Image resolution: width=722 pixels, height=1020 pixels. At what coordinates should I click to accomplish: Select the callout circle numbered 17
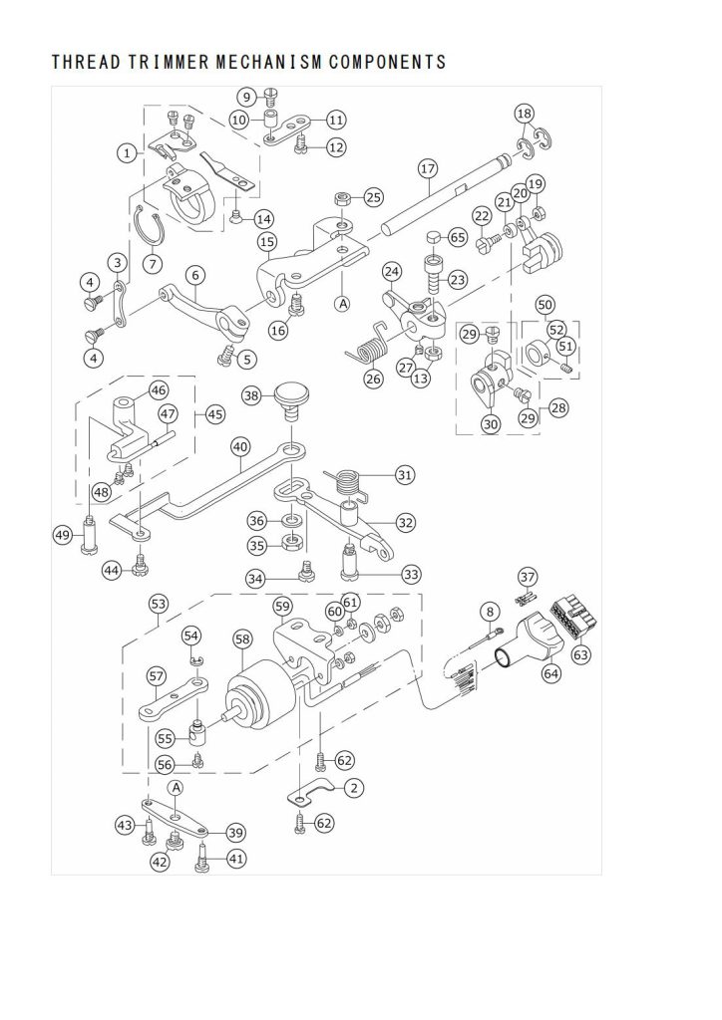(428, 169)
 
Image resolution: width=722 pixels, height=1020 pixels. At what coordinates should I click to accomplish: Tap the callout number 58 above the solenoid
(242, 640)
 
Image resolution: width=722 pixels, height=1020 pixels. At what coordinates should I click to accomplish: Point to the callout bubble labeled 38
(252, 394)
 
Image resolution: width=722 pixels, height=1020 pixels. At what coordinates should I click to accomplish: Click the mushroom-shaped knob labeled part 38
(290, 400)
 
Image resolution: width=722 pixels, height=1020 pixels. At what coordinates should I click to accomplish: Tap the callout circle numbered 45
(214, 414)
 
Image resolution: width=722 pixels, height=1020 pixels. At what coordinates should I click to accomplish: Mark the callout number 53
(159, 604)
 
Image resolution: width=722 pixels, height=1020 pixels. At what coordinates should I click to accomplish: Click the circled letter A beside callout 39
(177, 788)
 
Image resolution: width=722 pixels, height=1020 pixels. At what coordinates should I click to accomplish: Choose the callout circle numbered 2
(353, 789)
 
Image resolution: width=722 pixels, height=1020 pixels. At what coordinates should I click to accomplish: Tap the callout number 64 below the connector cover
(551, 672)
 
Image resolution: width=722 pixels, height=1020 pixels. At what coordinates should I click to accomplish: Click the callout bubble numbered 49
(63, 535)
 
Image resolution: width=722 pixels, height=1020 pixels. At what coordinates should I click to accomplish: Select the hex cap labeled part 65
(434, 236)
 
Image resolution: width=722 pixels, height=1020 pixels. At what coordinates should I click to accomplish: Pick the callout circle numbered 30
(491, 424)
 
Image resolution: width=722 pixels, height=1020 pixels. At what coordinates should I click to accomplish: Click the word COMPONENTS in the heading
(387, 62)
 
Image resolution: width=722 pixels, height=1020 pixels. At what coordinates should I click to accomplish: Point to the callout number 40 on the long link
(241, 447)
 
